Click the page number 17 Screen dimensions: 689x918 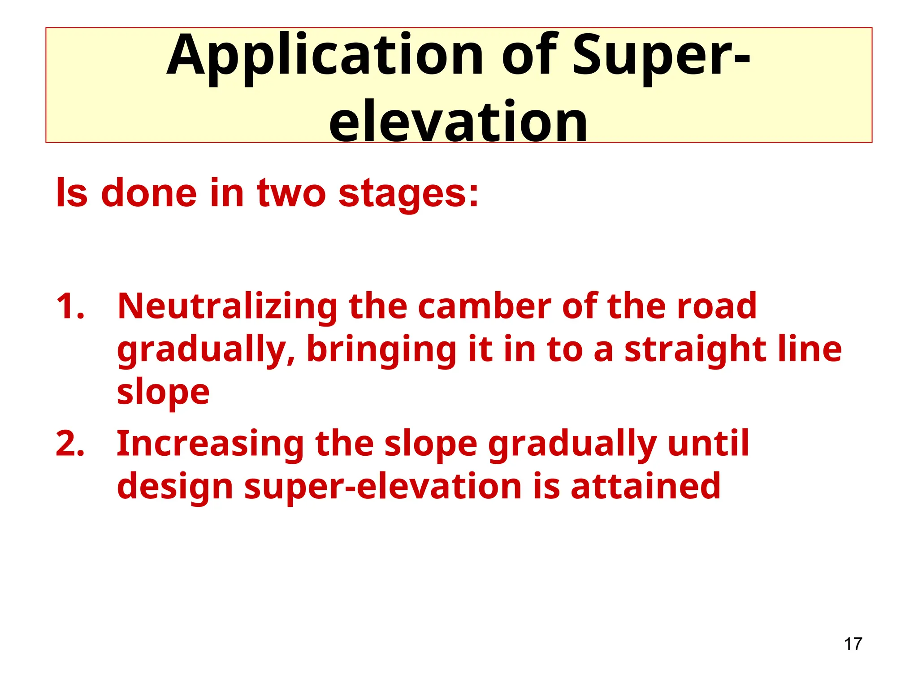tap(853, 644)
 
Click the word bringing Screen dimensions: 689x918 tap(381, 351)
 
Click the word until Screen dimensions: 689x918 tap(708, 444)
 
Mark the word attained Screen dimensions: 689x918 tap(645, 487)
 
